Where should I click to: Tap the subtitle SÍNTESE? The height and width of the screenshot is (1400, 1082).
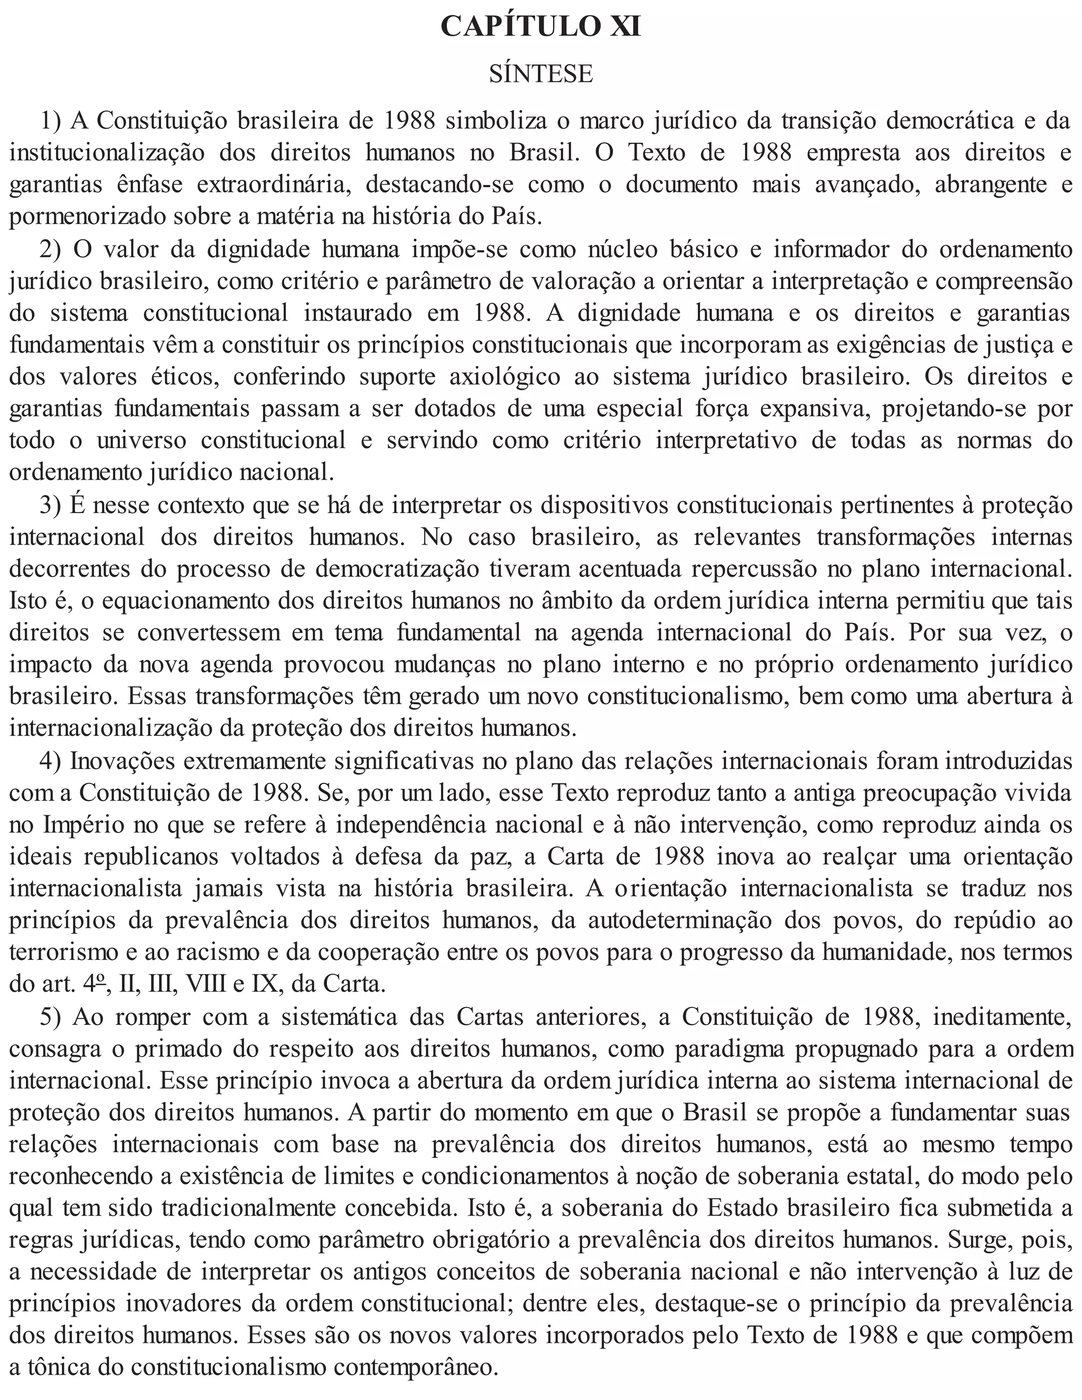pyautogui.click(x=541, y=74)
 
